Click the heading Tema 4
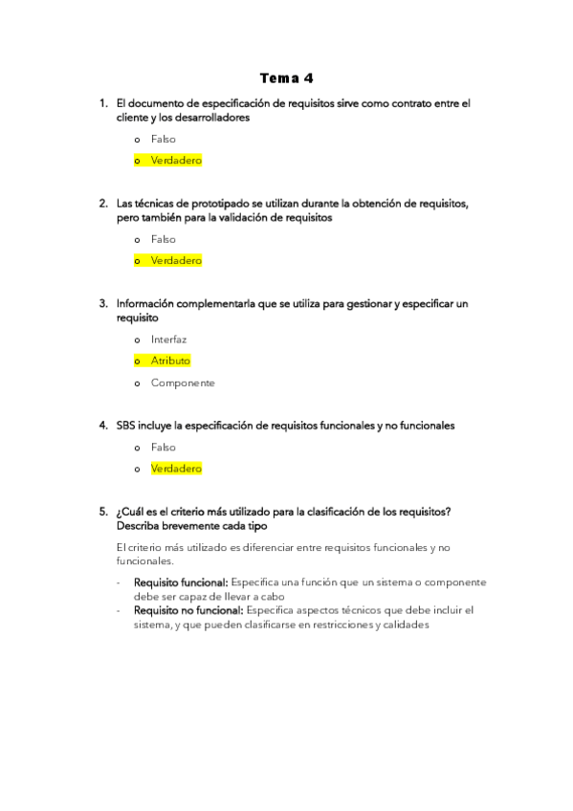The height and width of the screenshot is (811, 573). coord(286,77)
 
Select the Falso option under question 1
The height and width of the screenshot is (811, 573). coord(163,140)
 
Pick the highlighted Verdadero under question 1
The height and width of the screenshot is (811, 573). coord(176,161)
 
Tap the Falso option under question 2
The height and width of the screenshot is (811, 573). coord(163,239)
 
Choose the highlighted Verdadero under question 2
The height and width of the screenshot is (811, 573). coord(176,260)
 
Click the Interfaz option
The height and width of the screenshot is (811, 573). coord(168,340)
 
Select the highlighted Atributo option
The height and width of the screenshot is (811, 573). coord(170,361)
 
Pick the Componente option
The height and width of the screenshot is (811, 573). coord(182,383)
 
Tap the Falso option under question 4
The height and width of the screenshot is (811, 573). coord(163,448)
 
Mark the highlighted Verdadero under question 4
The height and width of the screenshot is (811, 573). coord(176,469)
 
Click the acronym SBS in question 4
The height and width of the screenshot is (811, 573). coord(125,426)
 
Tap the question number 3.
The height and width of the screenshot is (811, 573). coord(103,304)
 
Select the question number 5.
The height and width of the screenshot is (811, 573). coord(103,513)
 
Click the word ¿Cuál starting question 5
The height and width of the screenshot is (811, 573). coord(130,513)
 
